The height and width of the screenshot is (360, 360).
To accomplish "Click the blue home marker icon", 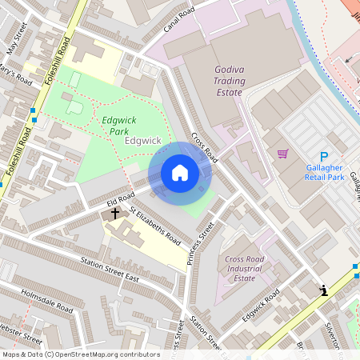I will point(179,173).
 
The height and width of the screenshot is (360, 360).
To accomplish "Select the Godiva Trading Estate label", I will point(228,82).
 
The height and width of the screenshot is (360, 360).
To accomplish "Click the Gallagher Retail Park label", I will point(324,171).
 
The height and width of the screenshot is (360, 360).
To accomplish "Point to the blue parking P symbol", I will point(324,157).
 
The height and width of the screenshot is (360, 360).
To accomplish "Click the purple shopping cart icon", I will point(282,154).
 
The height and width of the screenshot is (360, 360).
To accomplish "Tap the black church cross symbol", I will point(114,214).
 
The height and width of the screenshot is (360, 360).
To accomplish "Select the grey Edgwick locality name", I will point(144,141).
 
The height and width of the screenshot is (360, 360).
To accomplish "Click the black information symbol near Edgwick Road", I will point(323,290).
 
